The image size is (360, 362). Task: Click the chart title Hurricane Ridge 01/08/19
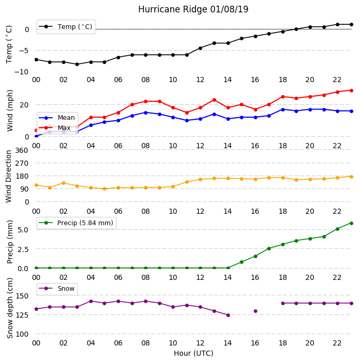(x=193, y=9)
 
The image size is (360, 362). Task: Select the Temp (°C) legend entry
(x=66, y=27)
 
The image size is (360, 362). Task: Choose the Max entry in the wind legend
(x=55, y=128)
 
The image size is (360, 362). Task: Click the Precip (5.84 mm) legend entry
(x=76, y=223)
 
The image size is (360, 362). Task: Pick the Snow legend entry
(x=57, y=289)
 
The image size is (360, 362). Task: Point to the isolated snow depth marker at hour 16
(x=255, y=311)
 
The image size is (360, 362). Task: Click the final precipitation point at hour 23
(x=351, y=223)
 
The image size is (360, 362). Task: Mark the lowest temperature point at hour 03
(x=77, y=64)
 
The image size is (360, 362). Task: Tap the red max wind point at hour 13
(x=214, y=100)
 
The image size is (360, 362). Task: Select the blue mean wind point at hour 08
(x=145, y=113)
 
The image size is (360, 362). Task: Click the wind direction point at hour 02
(x=63, y=183)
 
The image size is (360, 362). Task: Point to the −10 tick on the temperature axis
(x=22, y=72)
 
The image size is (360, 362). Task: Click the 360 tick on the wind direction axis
(x=22, y=150)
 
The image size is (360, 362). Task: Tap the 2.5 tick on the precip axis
(x=23, y=249)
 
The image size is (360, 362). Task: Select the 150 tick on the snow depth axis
(x=22, y=296)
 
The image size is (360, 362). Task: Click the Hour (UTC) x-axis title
(x=193, y=353)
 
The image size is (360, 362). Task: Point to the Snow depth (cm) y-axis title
(x=10, y=308)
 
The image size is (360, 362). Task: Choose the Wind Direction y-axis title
(x=9, y=177)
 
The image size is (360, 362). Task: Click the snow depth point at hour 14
(x=228, y=315)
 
